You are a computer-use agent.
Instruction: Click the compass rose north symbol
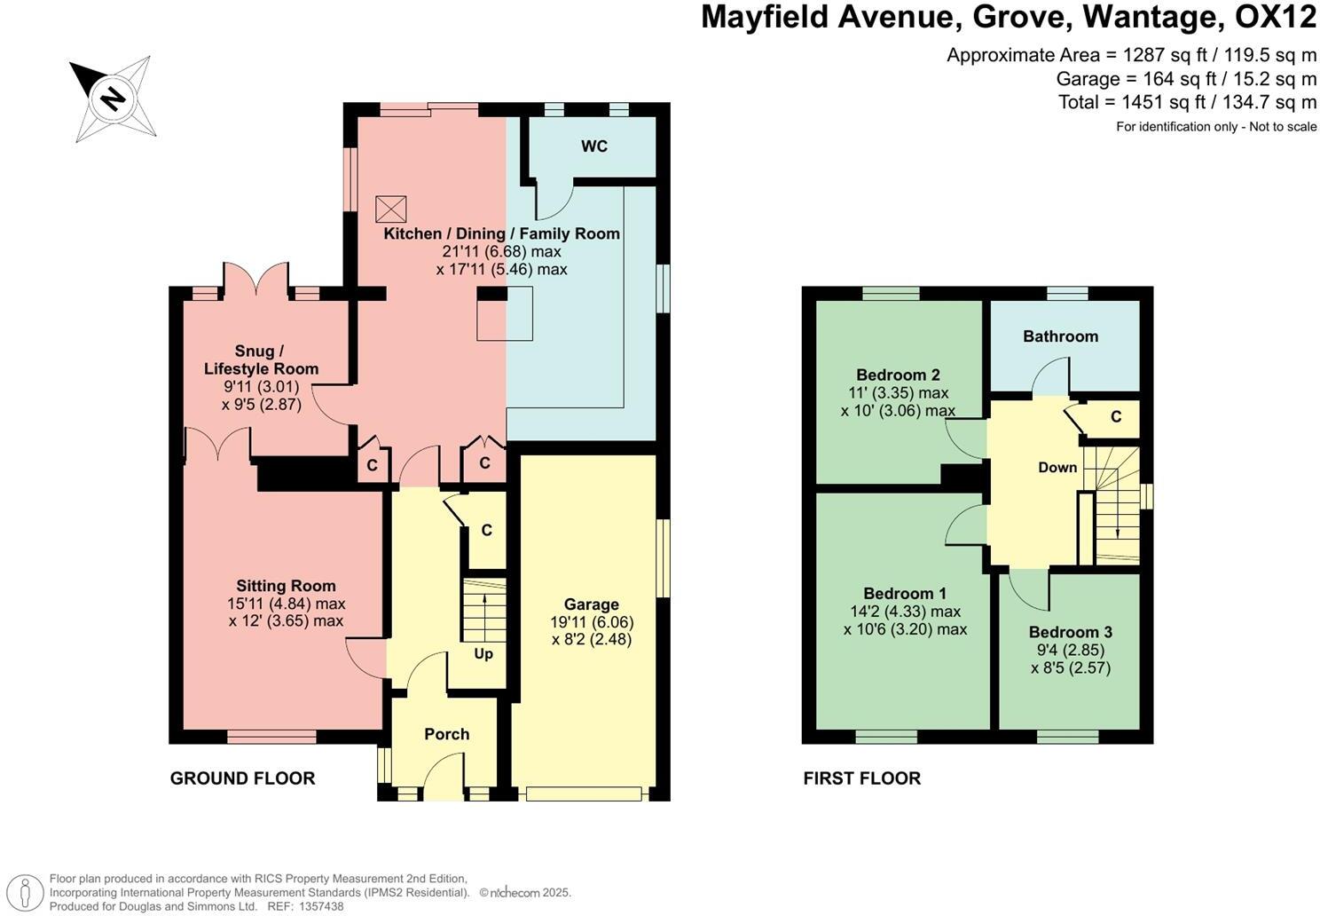click(x=113, y=97)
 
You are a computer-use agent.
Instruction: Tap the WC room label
click(x=594, y=146)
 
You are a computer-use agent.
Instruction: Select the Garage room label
click(x=591, y=604)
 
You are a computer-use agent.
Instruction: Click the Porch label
click(x=446, y=734)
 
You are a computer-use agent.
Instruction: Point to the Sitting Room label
click(x=286, y=586)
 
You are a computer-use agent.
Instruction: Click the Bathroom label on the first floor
click(x=1060, y=336)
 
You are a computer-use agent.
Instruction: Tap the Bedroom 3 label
click(x=1070, y=633)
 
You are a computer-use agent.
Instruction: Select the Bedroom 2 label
click(x=898, y=375)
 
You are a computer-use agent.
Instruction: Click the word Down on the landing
click(x=1057, y=468)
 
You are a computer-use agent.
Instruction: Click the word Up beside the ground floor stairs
click(x=483, y=654)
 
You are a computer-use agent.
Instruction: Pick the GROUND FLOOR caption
click(x=242, y=778)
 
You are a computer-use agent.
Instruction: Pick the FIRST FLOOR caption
click(x=861, y=778)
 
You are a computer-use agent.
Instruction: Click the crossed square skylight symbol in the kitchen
click(x=390, y=209)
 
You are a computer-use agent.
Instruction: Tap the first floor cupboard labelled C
click(x=1116, y=417)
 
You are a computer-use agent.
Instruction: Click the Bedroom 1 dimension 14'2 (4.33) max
click(x=905, y=612)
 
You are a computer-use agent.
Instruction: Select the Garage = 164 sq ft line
click(x=1186, y=78)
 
